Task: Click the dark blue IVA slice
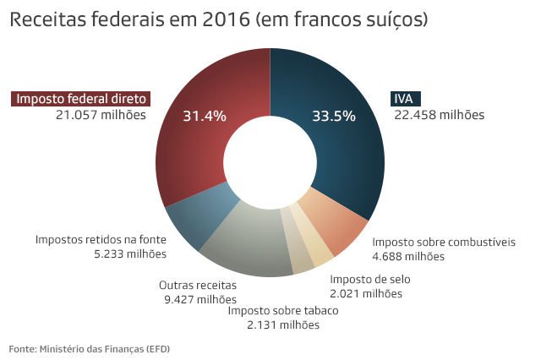click(x=338, y=144)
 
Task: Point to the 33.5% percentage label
click(x=333, y=116)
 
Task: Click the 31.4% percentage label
click(x=205, y=116)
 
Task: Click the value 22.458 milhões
click(x=438, y=114)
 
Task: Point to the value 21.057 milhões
click(x=101, y=114)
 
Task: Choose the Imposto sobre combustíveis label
click(x=444, y=242)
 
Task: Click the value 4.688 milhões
click(x=408, y=256)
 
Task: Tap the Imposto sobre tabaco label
click(x=282, y=310)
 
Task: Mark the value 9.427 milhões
click(x=200, y=299)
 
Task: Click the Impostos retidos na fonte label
click(x=101, y=239)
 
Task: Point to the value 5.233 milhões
click(x=130, y=254)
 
